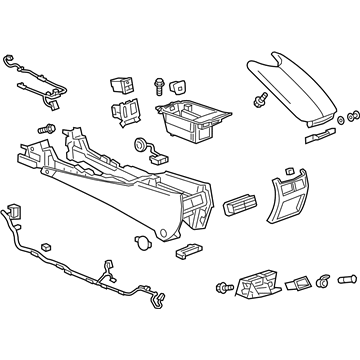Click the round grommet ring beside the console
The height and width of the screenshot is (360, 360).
[x=135, y=144]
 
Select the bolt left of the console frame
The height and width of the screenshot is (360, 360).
[x=44, y=129]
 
